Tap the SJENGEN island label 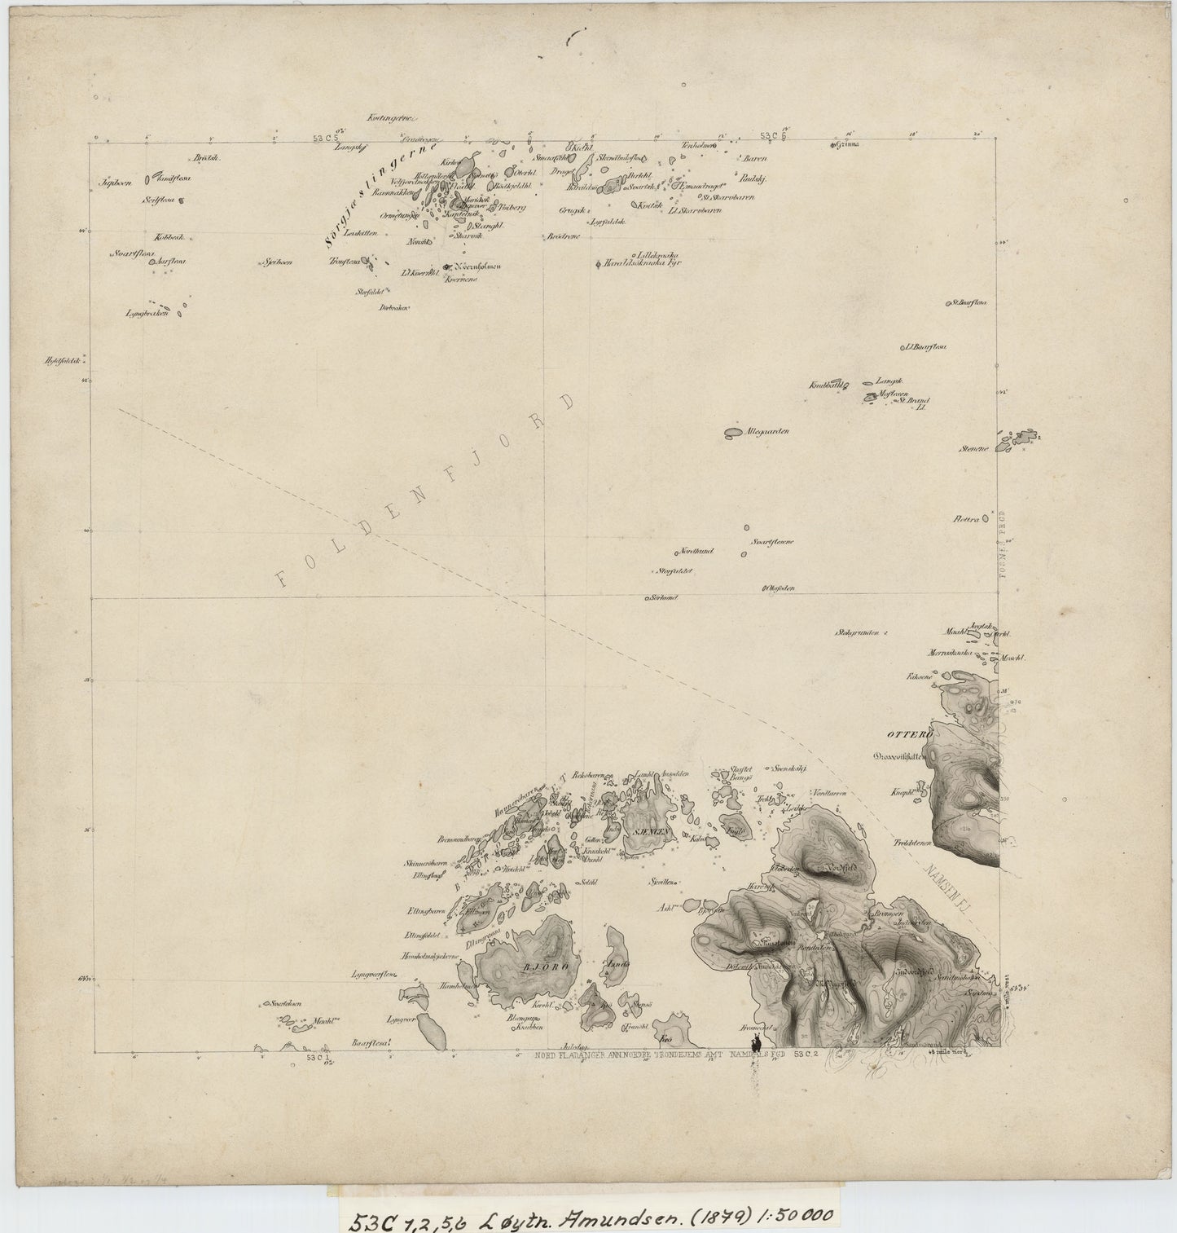click(x=649, y=831)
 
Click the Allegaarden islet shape click(x=733, y=432)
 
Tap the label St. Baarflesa click(x=968, y=303)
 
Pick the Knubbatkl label click(x=826, y=385)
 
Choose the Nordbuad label click(x=696, y=551)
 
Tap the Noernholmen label click(x=477, y=266)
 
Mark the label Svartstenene click(x=772, y=541)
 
